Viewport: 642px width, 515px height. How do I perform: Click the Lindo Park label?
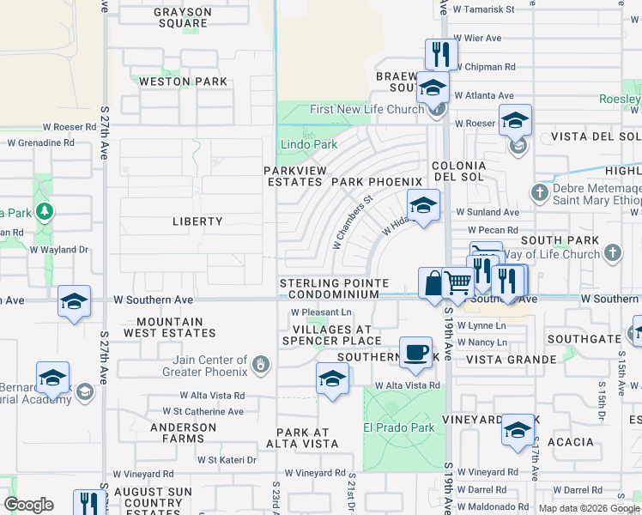310,145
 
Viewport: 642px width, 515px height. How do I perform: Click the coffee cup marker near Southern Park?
416,352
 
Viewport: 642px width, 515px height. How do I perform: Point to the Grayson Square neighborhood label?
183,18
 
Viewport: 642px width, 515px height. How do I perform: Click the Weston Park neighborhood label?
183,82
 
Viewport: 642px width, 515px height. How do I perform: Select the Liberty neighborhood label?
198,221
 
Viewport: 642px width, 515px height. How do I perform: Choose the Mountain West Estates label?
163,327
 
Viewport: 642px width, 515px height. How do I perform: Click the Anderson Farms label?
183,433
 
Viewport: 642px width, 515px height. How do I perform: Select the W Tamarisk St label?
482,9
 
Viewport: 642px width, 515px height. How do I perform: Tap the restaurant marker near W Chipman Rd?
439,55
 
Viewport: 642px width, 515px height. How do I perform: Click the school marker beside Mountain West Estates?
75,301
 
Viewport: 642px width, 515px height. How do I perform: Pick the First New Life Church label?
366,109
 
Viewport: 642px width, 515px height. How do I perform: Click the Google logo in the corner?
29,504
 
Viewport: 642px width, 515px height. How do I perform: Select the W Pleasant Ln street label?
321,312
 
